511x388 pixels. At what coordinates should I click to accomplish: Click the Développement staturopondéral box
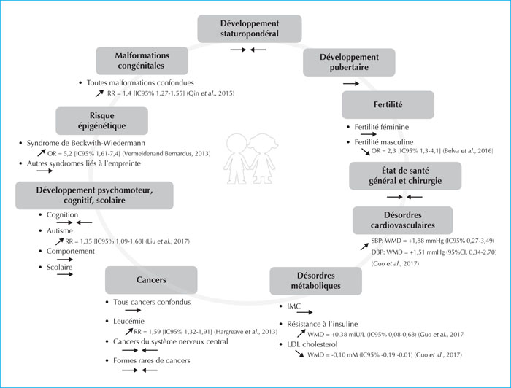click(250, 28)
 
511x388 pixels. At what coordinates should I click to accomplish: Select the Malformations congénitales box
click(142, 61)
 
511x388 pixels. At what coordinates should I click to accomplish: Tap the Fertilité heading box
click(388, 105)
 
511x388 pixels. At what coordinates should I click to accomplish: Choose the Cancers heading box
click(151, 280)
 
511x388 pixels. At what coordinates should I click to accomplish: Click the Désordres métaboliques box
click(315, 281)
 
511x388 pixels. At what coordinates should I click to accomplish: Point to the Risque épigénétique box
click(101, 121)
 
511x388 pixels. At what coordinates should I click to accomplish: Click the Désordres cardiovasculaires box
click(402, 220)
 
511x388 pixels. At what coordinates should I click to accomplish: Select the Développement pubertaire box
click(349, 62)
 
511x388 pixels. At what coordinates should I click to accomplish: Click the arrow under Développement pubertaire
click(351, 84)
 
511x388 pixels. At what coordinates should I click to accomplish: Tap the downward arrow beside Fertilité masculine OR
click(366, 152)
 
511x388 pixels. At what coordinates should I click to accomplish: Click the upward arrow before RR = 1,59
click(128, 332)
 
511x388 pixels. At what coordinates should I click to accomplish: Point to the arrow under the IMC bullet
click(304, 312)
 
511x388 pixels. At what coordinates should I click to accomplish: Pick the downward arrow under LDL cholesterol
click(299, 354)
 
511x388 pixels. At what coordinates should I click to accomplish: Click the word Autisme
click(60, 230)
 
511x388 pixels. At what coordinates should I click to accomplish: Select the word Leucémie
click(128, 322)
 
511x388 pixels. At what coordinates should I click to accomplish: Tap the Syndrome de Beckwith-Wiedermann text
click(86, 143)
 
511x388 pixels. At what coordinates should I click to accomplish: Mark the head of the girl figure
click(263, 143)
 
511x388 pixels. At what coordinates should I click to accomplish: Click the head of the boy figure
click(237, 143)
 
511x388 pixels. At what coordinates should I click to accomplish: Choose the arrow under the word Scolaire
click(65, 274)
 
